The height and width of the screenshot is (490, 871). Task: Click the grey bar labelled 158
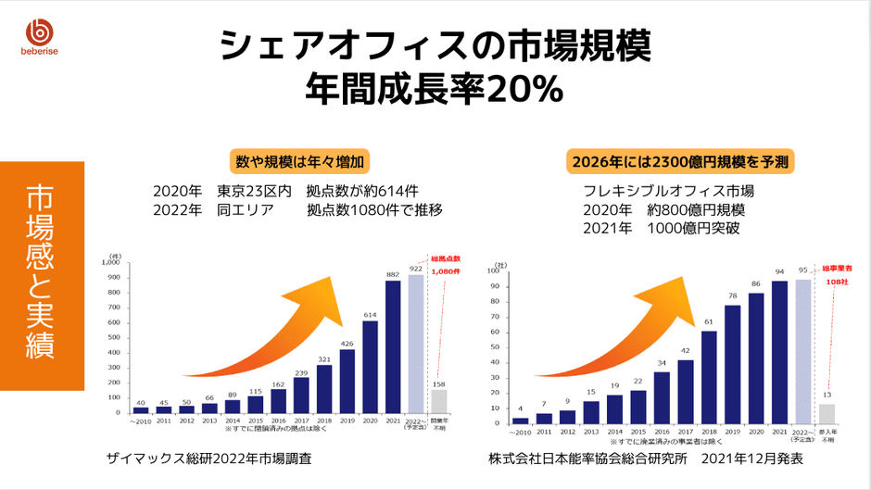(x=438, y=400)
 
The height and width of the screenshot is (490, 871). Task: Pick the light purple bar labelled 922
(x=415, y=344)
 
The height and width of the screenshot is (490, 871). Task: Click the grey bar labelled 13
(x=827, y=410)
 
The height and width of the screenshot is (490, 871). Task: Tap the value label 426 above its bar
(x=347, y=344)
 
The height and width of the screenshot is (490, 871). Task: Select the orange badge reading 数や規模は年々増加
(x=302, y=161)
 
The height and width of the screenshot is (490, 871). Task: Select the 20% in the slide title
(x=525, y=88)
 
